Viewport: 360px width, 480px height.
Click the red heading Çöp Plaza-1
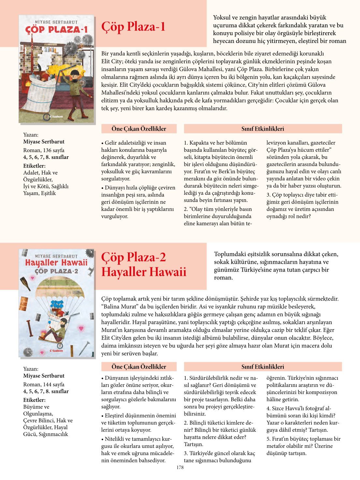(133, 27)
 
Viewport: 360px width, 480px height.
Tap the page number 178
(180, 467)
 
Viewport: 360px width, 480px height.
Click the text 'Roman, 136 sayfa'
(44, 150)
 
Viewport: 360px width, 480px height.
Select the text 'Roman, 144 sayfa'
(44, 384)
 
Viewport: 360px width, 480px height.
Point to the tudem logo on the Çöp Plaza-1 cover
(56, 116)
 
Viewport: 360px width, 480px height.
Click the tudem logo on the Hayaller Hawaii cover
(56, 351)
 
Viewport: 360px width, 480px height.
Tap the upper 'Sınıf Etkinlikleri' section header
(263, 129)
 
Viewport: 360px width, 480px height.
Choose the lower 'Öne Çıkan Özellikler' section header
(139, 367)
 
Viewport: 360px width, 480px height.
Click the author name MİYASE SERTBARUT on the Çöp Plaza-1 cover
(56, 22)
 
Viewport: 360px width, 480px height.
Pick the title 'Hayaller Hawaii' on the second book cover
(56, 262)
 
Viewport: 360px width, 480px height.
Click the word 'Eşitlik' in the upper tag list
(48, 193)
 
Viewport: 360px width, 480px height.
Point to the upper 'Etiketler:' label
(34, 166)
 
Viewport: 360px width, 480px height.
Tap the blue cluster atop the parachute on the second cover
(57, 304)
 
